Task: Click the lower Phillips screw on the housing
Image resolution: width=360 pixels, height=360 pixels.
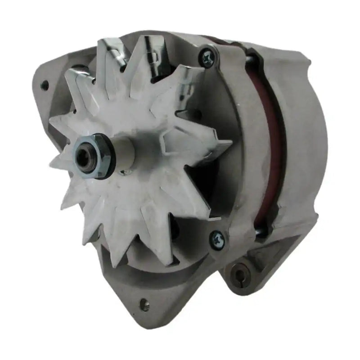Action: click(x=217, y=237)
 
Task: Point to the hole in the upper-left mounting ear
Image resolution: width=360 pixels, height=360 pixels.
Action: click(x=44, y=83)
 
